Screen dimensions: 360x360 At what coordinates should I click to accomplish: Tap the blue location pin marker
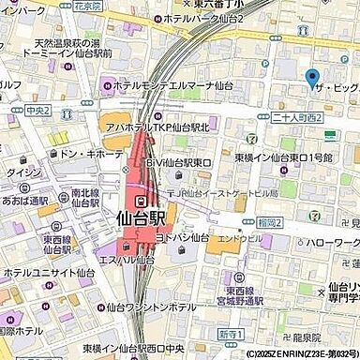(x=312, y=78)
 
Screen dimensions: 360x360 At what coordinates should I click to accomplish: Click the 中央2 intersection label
(x=37, y=110)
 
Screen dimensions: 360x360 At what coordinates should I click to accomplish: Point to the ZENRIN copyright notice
(x=289, y=353)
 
